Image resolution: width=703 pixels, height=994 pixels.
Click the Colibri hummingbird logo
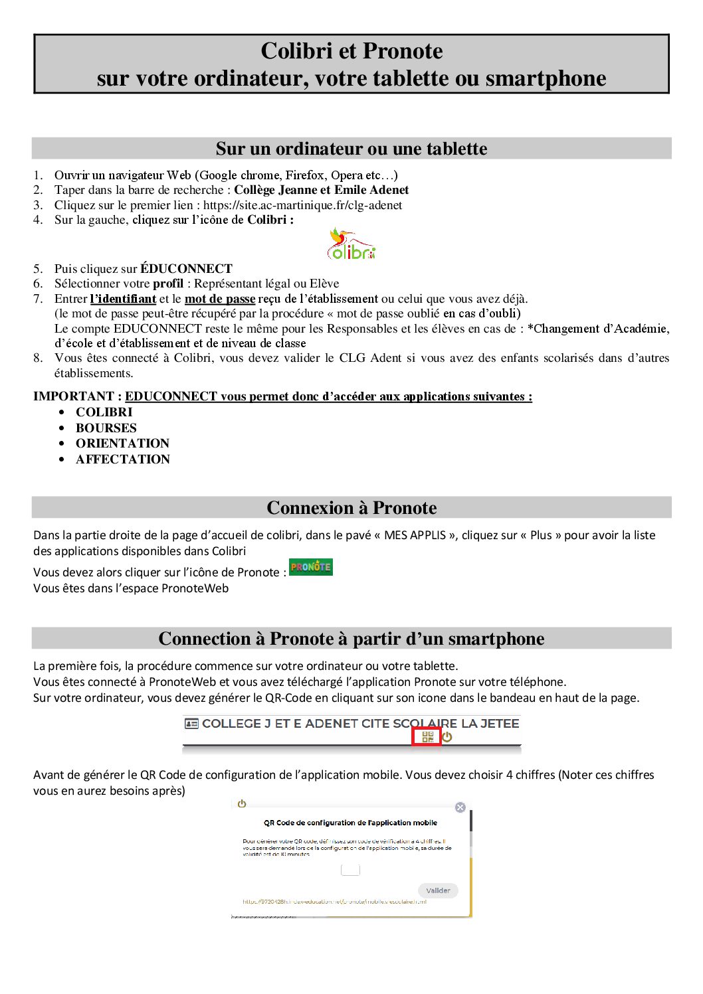point(351,244)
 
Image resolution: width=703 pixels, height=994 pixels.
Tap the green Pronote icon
point(311,567)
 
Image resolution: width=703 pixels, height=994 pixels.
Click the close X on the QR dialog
point(460,807)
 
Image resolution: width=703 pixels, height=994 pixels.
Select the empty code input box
point(350,870)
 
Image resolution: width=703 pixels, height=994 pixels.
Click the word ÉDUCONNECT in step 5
point(186,269)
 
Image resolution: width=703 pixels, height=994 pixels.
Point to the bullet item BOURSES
point(106,428)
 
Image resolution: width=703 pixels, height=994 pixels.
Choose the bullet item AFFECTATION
point(123,459)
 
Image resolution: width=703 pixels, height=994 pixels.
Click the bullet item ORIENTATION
point(122,444)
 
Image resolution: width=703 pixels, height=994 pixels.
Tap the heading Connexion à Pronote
point(351,508)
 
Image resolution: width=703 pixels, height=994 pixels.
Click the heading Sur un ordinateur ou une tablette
point(351,149)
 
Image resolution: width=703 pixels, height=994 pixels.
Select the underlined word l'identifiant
point(123,299)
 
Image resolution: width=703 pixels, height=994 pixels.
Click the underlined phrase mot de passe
point(220,299)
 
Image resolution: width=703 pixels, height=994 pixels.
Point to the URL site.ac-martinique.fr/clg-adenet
point(302,205)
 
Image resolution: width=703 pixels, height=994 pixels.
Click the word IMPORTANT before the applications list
point(74,396)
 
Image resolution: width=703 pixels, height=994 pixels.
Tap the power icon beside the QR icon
point(447,737)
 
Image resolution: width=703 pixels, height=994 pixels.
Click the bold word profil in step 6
point(168,284)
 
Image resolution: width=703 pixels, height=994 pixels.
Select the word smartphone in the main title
point(546,78)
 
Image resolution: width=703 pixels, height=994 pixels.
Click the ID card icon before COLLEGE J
point(191,724)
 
